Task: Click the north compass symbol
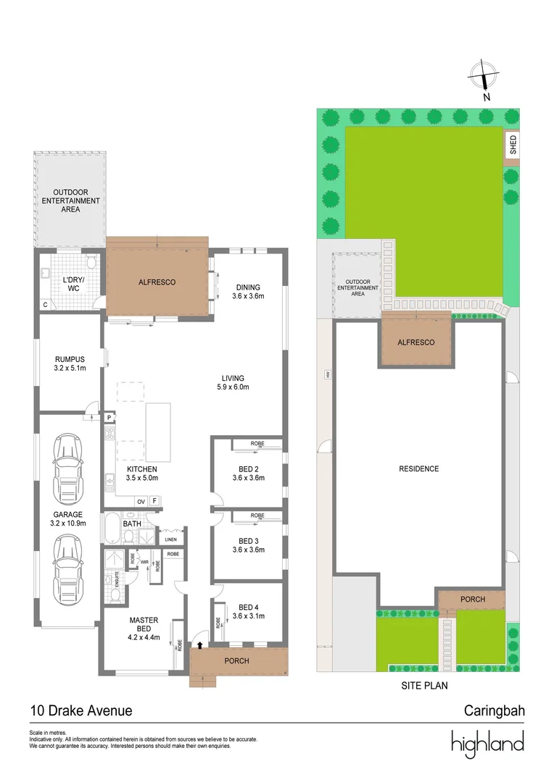(483, 76)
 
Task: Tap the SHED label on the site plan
(513, 145)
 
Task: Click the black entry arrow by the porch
(200, 645)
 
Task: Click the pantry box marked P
(109, 417)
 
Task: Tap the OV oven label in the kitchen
(141, 501)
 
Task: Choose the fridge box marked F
(154, 501)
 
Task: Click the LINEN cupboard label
(171, 539)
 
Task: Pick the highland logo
(487, 743)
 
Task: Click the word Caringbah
(495, 710)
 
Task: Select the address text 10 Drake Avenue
(81, 710)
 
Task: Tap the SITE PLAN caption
(425, 685)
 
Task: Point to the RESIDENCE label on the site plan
(418, 468)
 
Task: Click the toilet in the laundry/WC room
(91, 262)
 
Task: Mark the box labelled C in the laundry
(46, 305)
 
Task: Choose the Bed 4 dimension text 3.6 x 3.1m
(249, 616)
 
